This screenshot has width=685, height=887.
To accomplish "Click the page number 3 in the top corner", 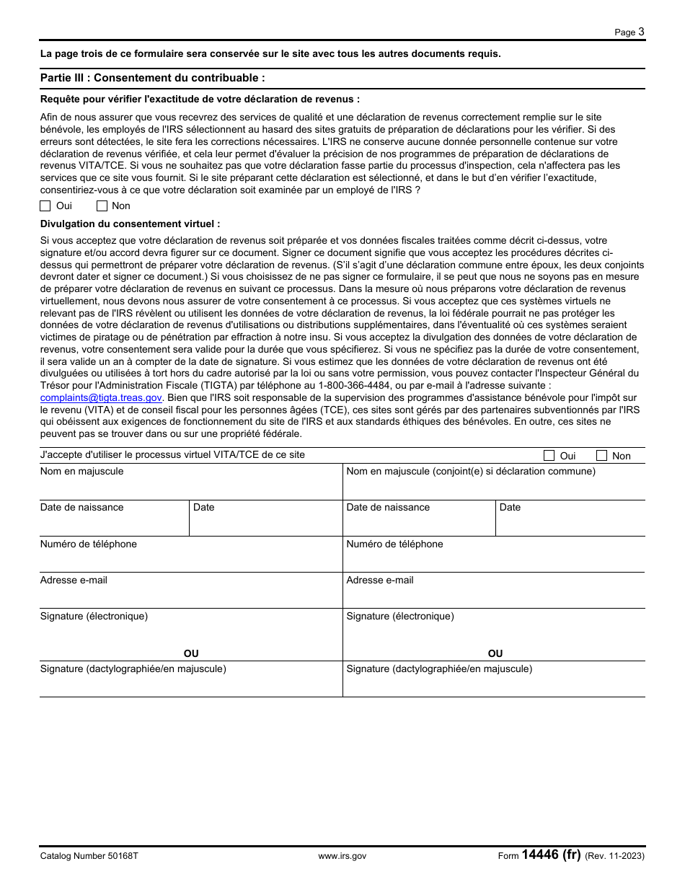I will [x=641, y=31].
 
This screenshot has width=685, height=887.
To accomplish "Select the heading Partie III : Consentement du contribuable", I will [x=153, y=78].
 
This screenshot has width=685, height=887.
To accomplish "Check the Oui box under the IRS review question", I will [x=45, y=206].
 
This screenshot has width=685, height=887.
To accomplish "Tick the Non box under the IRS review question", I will [x=102, y=206].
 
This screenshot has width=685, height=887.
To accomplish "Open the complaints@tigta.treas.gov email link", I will [x=101, y=397].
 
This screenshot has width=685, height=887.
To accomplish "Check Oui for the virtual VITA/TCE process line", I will [x=549, y=456].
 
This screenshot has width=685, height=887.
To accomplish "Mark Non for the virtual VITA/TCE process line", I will [x=601, y=456].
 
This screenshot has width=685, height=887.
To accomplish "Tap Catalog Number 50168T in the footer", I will [x=89, y=856].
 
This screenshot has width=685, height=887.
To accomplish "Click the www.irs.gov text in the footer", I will [x=342, y=856].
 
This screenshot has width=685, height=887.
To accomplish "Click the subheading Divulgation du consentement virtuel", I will [x=130, y=224].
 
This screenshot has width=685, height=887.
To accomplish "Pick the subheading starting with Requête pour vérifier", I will [x=200, y=100].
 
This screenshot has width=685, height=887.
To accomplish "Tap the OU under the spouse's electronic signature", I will [x=495, y=653].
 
